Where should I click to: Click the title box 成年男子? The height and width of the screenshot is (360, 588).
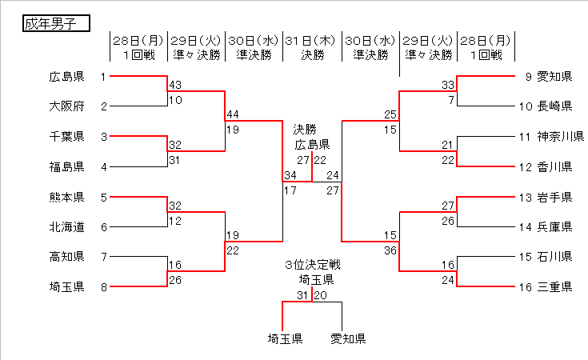pos(54,23)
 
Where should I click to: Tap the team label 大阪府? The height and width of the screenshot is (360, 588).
pos(66,106)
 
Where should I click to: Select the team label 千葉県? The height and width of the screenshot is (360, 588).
pos(66,137)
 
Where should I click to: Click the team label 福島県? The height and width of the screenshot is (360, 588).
pos(66,167)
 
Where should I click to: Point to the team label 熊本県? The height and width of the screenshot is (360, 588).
pos(66,197)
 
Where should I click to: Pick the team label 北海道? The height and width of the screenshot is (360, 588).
pos(66,227)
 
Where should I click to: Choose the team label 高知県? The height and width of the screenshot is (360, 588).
pos(66,257)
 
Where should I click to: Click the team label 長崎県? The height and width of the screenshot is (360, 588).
pos(554,106)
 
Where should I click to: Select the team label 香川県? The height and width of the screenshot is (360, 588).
pos(554,167)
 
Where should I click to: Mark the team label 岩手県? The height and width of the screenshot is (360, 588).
pos(554,197)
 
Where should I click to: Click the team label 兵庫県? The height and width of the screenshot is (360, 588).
pos(554,227)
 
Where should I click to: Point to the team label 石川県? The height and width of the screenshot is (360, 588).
pos(554,257)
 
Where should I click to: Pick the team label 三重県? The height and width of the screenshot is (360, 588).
pos(554,287)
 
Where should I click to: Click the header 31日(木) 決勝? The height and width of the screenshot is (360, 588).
pos(312,47)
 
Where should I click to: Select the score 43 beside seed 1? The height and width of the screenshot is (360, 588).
pos(175,86)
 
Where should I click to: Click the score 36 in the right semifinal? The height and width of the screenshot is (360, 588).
pos(390,250)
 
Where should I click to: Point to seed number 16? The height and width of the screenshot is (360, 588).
pos(525,287)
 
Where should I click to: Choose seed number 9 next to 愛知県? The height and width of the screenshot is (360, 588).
pos(528,77)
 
